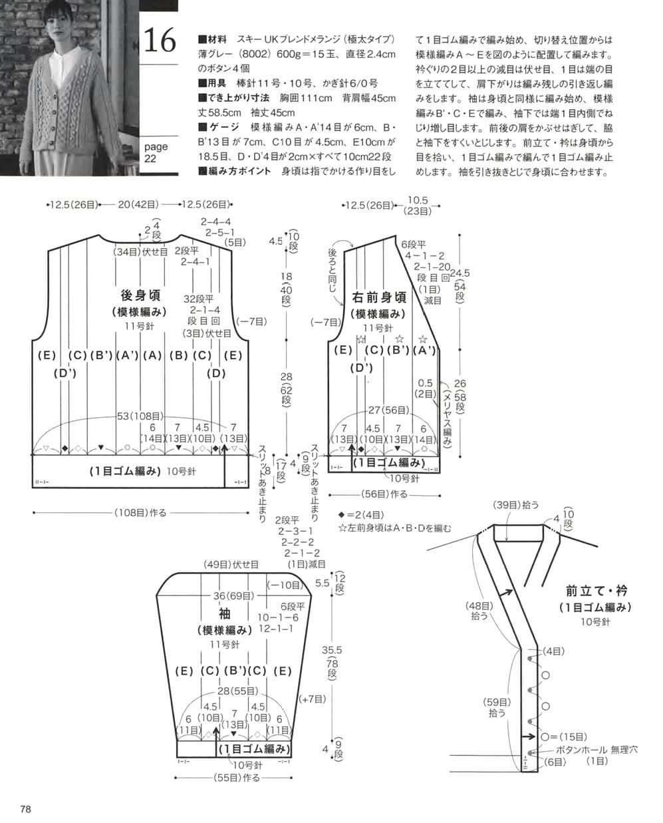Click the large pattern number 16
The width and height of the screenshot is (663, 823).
coord(160,40)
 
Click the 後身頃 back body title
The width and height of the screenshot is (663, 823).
coord(140,295)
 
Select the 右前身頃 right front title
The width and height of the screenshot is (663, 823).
coord(379,297)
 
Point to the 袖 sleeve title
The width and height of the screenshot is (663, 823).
coord(225,614)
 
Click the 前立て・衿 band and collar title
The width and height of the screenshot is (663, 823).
coord(597,591)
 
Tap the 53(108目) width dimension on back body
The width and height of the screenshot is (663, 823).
coord(140,416)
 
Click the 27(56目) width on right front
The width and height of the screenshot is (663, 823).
coord(388,410)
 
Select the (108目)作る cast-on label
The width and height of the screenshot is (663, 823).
coord(140,512)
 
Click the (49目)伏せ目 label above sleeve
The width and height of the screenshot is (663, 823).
coord(231,564)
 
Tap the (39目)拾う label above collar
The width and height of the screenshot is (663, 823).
coord(516,505)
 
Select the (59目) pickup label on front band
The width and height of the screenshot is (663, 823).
coord(497,702)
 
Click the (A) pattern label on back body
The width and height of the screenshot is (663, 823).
coord(152,355)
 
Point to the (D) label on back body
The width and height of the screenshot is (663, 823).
coord(216,373)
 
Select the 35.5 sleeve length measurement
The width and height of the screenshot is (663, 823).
coord(331,650)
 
